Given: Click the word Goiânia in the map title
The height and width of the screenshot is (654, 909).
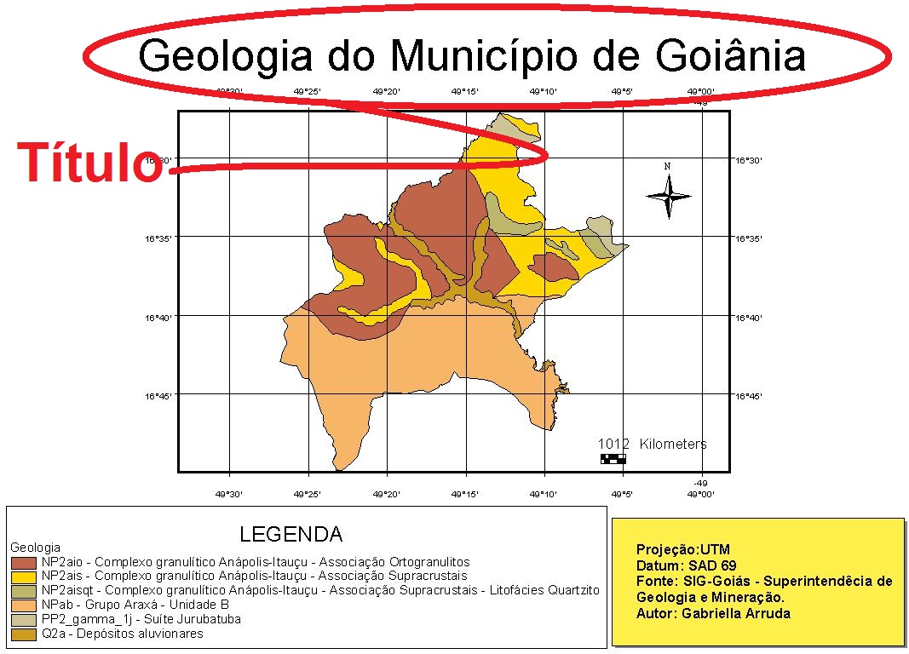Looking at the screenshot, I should coord(731,56).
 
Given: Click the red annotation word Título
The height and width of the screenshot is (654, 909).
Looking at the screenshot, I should coord(89,163).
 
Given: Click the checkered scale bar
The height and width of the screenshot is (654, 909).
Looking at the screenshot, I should coord(613,459).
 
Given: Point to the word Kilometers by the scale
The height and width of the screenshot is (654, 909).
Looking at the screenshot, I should coord(673,444).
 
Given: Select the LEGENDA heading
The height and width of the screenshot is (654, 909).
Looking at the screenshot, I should coord(291,535).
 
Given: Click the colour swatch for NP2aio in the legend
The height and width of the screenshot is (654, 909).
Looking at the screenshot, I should coord(23,562).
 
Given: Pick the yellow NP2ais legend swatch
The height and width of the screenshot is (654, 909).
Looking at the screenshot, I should coord(23,577).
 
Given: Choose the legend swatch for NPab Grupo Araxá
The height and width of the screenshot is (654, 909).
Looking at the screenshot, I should coord(23,605).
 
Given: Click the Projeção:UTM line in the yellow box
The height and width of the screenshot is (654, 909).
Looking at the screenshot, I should coord(682,549).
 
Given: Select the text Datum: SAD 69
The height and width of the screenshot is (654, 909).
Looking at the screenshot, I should coord(686,565).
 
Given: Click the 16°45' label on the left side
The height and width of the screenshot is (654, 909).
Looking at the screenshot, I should coord(160,396).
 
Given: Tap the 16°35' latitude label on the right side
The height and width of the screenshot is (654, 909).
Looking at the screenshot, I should coord(750,238).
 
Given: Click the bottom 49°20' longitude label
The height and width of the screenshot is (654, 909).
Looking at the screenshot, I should coord(386,494).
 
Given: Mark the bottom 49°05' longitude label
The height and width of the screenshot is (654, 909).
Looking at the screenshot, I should coord(622,494).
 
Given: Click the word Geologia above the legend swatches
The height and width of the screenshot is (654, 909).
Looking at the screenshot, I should coord(35,547).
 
